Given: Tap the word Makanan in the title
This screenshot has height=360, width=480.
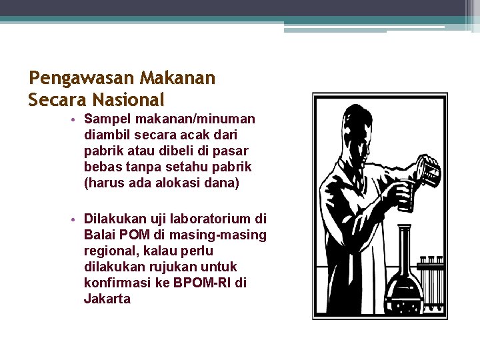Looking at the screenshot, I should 178,79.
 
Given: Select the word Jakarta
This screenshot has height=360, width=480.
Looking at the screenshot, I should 107,299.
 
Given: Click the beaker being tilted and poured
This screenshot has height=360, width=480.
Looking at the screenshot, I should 427,169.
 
